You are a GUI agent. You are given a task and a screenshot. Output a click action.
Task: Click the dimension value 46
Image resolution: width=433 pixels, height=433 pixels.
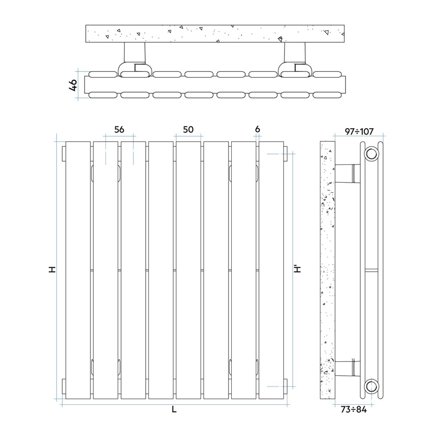(x=74, y=85)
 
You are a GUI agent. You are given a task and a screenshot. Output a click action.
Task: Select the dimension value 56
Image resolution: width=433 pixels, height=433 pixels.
(x=119, y=129)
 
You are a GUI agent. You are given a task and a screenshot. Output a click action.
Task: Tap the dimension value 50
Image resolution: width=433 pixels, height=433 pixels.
(x=188, y=129)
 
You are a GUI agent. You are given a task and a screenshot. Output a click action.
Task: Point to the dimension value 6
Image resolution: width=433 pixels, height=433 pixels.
(x=258, y=129)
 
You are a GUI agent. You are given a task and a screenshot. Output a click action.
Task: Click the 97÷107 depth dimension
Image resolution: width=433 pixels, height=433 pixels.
(x=359, y=132)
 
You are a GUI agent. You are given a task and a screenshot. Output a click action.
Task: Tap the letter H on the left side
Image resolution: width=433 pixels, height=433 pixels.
(x=52, y=270)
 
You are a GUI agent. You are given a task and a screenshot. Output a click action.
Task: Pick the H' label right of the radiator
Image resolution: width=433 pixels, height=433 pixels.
(x=298, y=269)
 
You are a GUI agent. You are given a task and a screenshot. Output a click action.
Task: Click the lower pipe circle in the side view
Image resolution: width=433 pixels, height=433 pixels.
(x=372, y=385)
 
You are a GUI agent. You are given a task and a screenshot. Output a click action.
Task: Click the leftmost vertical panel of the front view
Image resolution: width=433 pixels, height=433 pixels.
(x=78, y=271)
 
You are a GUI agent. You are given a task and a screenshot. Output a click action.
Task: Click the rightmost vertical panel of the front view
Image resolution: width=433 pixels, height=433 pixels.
(x=271, y=271)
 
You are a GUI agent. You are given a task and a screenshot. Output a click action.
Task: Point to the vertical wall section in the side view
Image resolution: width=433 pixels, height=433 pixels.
(x=327, y=271)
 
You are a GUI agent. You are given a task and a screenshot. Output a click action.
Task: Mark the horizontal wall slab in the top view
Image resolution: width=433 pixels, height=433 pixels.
(x=215, y=34)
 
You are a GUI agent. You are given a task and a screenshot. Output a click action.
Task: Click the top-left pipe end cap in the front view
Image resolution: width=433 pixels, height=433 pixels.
(x=64, y=154)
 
